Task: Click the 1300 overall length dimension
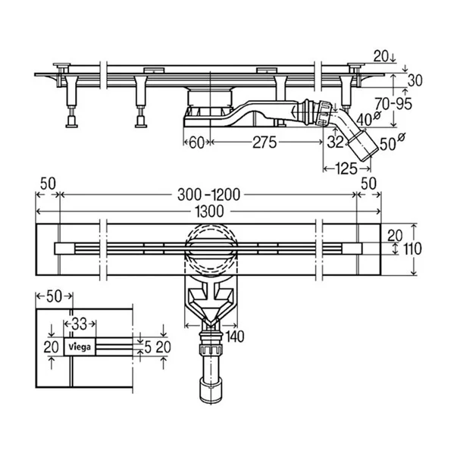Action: [x=210, y=211]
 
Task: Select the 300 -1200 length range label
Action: [x=208, y=195]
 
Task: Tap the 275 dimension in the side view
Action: [x=264, y=142]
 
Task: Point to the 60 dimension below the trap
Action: [x=196, y=142]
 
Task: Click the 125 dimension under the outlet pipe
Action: [x=346, y=169]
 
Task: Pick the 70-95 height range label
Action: [x=393, y=103]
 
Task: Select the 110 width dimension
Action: [x=412, y=249]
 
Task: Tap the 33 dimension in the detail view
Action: [x=80, y=323]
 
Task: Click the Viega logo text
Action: [x=80, y=347]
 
